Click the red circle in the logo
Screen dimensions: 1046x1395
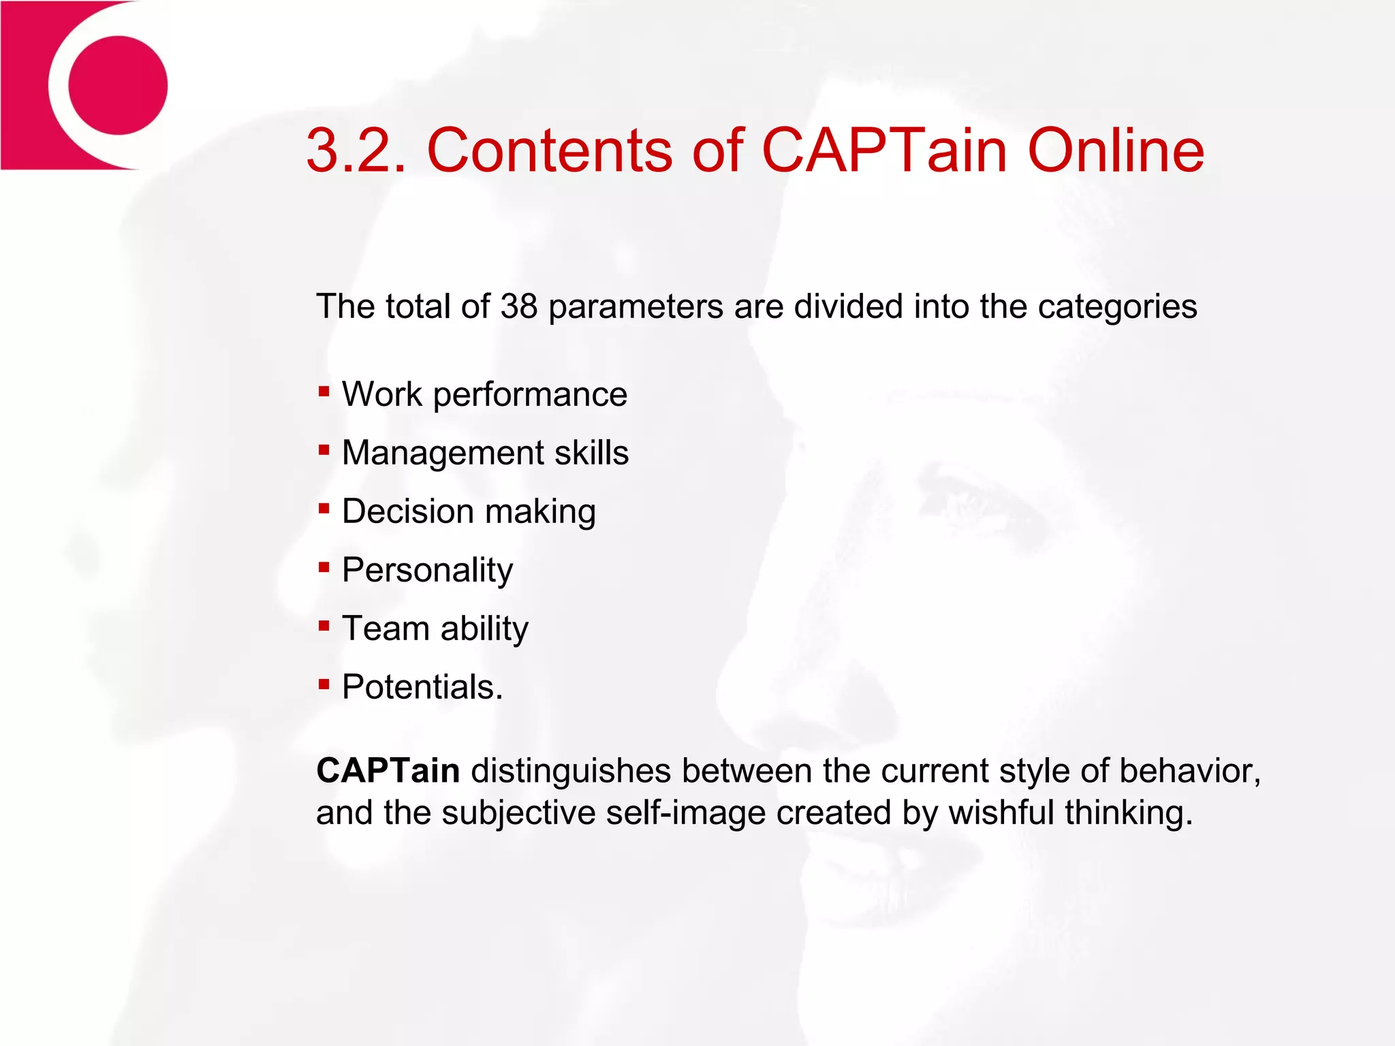pos(118,85)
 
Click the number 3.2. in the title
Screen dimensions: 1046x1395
pos(356,150)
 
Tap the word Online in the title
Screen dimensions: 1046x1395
pos(1116,150)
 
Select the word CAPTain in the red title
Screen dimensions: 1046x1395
pos(884,150)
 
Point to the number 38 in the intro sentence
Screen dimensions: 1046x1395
pos(519,306)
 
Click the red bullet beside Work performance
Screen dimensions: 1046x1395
pos(324,392)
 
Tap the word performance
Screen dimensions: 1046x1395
pos(530,396)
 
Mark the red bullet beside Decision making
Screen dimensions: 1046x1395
pos(324,509)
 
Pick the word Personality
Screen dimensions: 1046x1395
pos(427,571)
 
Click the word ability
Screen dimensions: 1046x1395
pos(484,629)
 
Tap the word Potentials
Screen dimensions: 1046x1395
pos(422,687)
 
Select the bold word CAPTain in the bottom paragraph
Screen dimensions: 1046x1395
pos(388,771)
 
